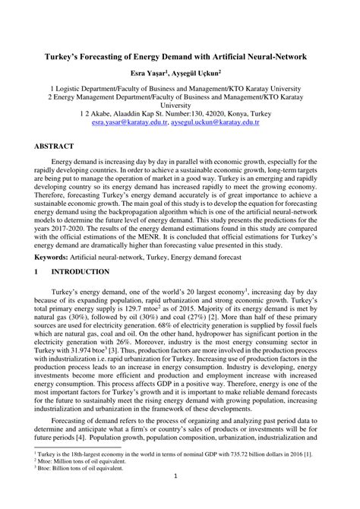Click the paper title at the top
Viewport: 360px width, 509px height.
pyautogui.click(x=180, y=57)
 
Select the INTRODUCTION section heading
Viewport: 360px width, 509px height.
pyautogui.click(x=80, y=271)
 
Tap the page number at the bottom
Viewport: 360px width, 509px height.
pyautogui.click(x=175, y=498)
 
